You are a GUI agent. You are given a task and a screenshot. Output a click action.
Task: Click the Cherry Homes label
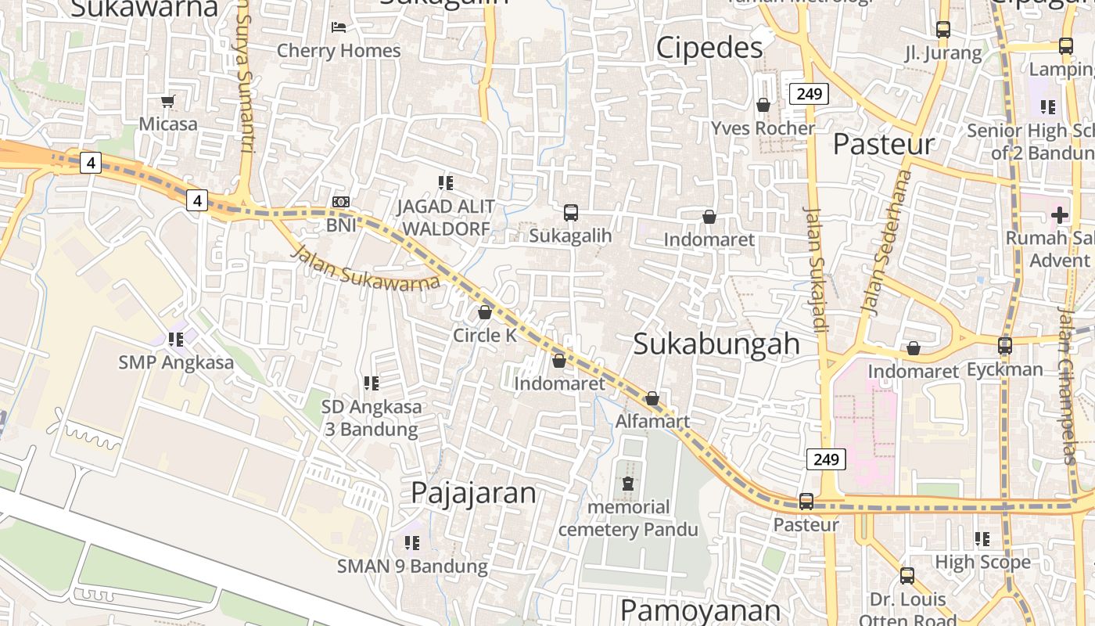coord(339,51)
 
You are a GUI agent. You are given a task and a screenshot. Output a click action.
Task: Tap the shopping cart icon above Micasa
coord(167,101)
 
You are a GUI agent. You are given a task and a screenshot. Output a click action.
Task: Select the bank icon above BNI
coord(340,202)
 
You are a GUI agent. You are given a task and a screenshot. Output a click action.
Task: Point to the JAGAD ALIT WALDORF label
coord(445,218)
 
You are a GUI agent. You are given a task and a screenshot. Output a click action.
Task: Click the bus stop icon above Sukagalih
coord(571,212)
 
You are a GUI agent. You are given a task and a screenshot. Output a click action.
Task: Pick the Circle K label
coord(485,335)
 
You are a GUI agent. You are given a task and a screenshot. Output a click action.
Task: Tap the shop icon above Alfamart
coord(652,399)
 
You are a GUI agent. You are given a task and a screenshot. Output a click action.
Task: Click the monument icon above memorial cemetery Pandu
coord(628,484)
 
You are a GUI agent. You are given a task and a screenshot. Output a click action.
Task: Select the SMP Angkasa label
coord(176,362)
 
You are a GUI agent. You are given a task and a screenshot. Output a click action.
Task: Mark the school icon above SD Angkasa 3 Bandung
coord(372,383)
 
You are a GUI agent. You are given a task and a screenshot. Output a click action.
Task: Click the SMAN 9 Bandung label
coord(412,566)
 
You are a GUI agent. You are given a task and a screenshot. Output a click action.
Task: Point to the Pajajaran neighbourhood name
coord(473,493)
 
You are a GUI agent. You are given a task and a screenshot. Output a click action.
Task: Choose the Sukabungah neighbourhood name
coord(716,344)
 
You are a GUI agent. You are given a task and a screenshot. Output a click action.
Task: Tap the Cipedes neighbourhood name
coord(709,48)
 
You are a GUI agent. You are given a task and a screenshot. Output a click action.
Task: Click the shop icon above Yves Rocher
coord(763,105)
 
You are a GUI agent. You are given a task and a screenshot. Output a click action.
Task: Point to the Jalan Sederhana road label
coord(882,243)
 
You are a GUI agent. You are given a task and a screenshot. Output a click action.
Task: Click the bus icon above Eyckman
coord(1004,345)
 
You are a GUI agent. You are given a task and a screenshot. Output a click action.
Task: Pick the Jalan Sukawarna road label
coord(365,269)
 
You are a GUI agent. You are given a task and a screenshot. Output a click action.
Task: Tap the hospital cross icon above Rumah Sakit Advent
coord(1060,214)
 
